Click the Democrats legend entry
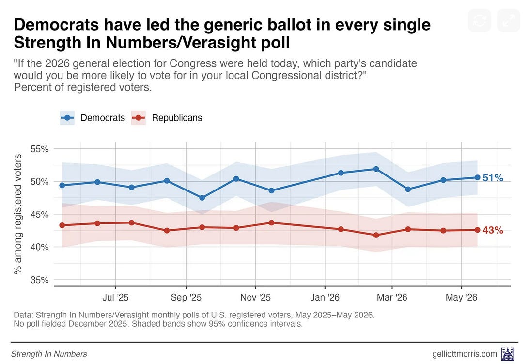(93, 118)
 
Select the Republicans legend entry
(167, 118)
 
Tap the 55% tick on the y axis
(39, 149)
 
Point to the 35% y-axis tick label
(39, 280)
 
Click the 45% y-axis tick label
(39, 214)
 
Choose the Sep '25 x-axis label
(186, 298)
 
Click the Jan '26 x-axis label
(325, 298)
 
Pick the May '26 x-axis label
(461, 298)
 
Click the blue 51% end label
(493, 177)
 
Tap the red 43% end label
(493, 230)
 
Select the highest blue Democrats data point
(376, 169)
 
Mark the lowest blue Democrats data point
(202, 198)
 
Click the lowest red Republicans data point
(376, 235)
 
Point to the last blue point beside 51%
(477, 177)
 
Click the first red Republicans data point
(62, 225)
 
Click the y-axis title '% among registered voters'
(17, 214)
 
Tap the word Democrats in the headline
(57, 25)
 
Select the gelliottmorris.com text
(465, 354)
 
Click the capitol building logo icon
(508, 353)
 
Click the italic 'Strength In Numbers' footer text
(49, 354)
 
